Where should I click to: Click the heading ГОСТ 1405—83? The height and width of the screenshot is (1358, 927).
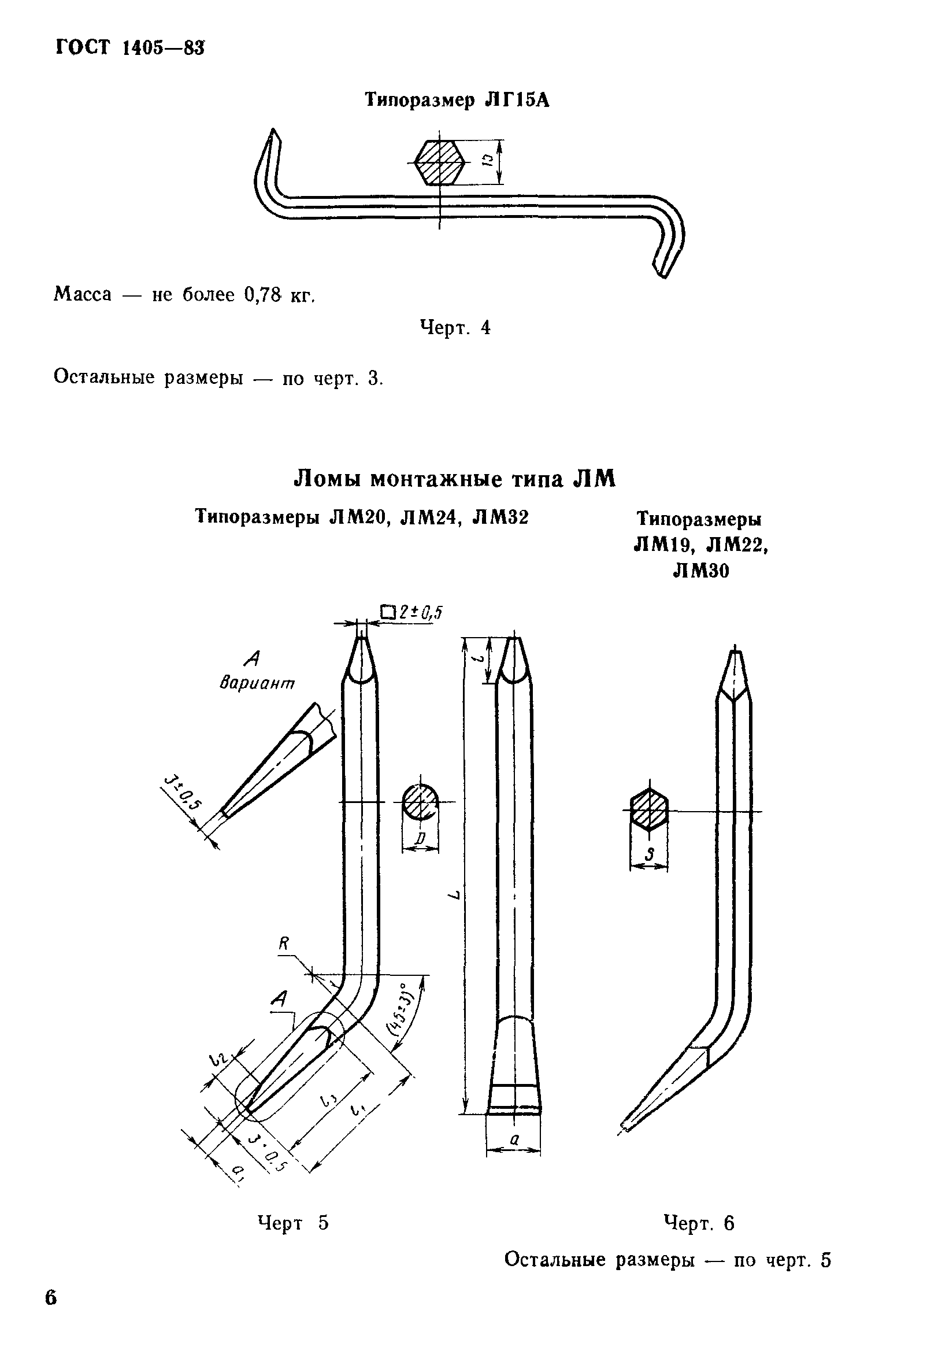click(129, 47)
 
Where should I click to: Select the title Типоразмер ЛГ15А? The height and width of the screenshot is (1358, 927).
click(457, 101)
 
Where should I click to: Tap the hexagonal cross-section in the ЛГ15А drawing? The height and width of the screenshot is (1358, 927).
click(439, 162)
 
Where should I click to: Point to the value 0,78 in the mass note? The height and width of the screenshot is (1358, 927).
click(262, 294)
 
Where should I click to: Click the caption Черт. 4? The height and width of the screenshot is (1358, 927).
click(455, 327)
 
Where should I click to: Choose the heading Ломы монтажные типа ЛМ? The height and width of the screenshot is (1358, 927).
click(454, 479)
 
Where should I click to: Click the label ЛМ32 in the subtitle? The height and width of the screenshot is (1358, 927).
click(500, 517)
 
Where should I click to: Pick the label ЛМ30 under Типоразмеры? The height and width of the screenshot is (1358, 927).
click(701, 570)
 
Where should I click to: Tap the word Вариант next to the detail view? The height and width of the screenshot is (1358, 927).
click(257, 683)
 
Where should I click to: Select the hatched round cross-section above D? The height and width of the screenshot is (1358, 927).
click(420, 802)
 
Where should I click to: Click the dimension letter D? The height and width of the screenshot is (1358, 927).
click(421, 839)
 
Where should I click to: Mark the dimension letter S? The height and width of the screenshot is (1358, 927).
click(648, 856)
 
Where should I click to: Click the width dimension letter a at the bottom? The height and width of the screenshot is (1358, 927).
click(514, 1139)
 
